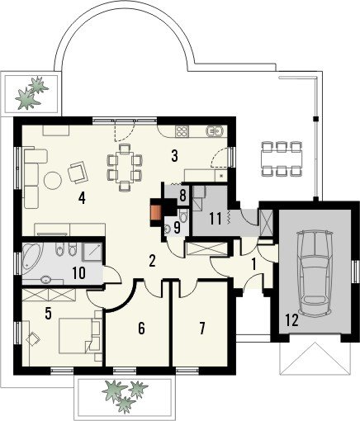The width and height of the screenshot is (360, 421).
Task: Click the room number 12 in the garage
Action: point(292,320)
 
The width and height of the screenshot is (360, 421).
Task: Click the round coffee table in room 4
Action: point(53,181)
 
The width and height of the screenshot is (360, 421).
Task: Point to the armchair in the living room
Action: point(78,172)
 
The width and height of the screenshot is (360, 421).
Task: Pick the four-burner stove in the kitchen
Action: point(182,131)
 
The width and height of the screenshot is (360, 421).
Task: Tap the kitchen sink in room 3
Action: point(216,131)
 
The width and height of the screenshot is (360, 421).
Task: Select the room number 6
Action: point(141,329)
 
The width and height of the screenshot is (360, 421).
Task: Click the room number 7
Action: point(202,329)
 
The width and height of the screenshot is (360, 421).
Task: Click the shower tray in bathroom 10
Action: point(92,251)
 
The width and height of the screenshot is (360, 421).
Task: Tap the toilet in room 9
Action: point(182,215)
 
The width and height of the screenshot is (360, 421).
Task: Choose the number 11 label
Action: point(216,220)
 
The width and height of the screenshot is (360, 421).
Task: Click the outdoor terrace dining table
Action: point(281,158)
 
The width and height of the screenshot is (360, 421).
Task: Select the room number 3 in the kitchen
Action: point(174,156)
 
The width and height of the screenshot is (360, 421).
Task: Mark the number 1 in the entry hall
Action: point(253,264)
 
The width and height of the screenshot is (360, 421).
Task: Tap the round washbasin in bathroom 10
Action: point(45,280)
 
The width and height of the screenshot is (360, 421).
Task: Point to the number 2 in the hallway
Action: point(152,261)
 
